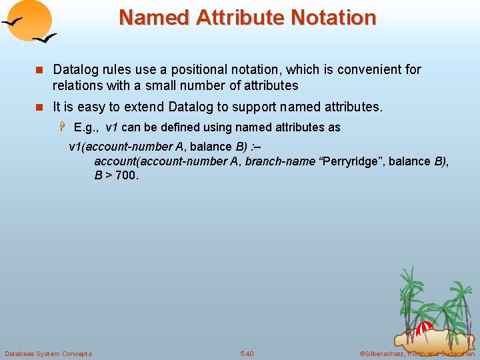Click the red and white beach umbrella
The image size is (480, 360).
pos(424,329)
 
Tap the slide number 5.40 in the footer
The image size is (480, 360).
pos(247,353)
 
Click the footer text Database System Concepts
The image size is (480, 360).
pos(48,353)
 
